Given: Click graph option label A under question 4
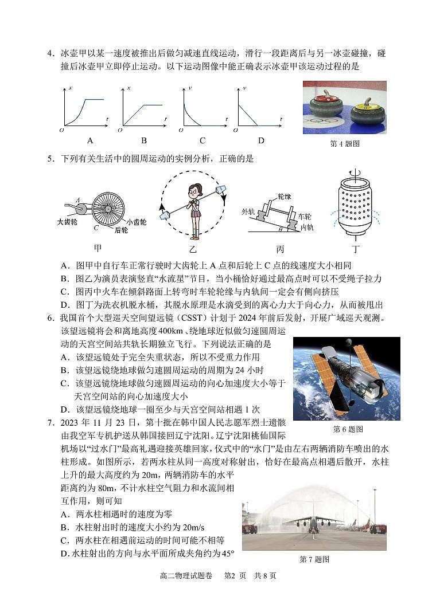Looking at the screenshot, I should pyautogui.click(x=89, y=140).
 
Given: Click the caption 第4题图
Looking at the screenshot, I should pyautogui.click(x=344, y=144).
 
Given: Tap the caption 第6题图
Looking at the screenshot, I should pyautogui.click(x=348, y=429).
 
